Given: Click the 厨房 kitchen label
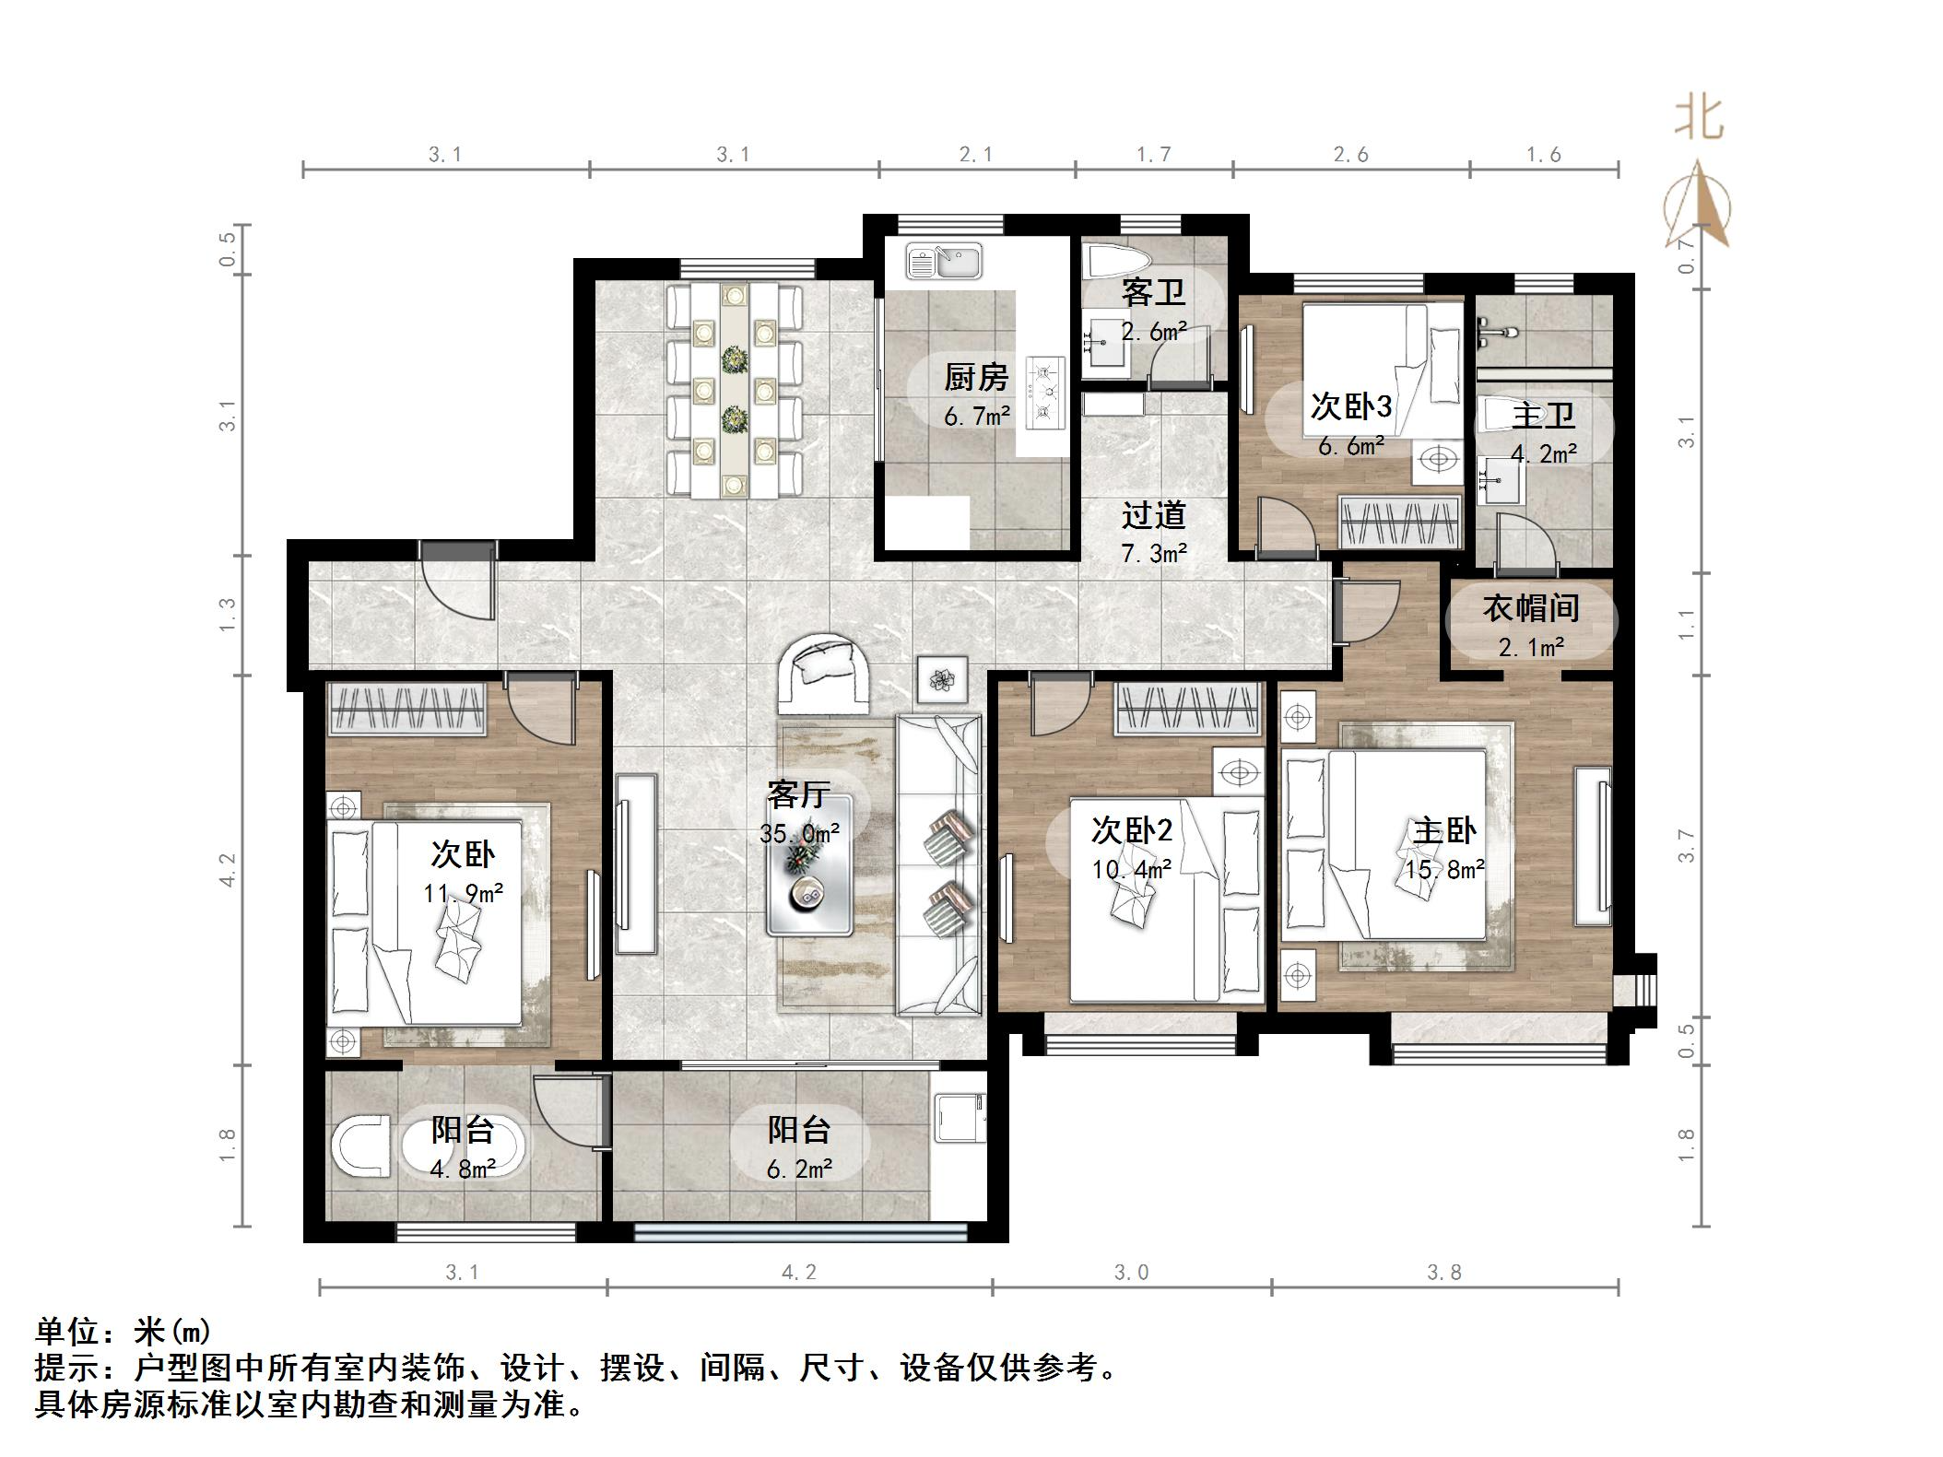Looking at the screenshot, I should click(976, 377).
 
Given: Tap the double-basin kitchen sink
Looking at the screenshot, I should click(943, 261).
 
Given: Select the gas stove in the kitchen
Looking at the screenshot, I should click(1045, 394).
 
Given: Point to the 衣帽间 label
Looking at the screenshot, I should click(1530, 608).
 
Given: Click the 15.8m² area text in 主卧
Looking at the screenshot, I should click(1444, 869).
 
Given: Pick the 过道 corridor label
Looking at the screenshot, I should click(1153, 515).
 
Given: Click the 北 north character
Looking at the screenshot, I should click(1698, 119).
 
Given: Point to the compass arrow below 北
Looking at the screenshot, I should click(1698, 206).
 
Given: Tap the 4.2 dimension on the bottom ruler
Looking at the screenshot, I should click(798, 1272).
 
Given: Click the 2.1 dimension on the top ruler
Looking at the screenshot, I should click(975, 155).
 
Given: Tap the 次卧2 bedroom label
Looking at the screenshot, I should click(1131, 830).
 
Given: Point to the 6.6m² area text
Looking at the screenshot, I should click(1350, 447).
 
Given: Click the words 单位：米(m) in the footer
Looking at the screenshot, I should click(124, 1331).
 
